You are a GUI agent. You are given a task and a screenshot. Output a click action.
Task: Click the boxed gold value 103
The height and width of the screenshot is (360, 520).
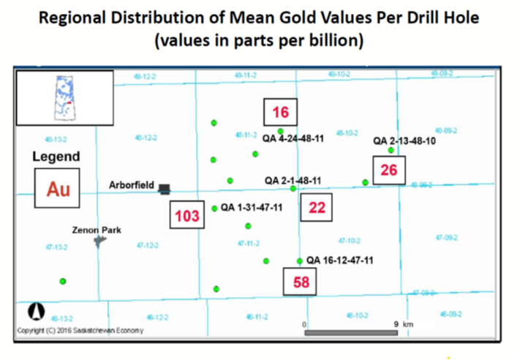tap(187, 216)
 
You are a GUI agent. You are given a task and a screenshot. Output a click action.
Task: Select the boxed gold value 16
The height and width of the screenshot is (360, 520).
tap(281, 113)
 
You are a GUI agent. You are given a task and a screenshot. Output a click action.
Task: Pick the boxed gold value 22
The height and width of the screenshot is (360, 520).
tap(317, 208)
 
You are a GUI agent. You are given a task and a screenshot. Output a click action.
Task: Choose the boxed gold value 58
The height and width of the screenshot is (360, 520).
tap(301, 282)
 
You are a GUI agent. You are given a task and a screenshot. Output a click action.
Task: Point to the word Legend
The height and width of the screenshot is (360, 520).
tap(56, 157)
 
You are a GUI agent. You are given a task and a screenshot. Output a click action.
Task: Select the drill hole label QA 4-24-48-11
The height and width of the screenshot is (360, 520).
tap(294, 138)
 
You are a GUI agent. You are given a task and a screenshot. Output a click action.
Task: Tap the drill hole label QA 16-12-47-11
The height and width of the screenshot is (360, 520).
tap(340, 260)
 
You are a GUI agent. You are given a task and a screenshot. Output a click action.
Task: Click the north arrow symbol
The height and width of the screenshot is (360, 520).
tap(33, 311)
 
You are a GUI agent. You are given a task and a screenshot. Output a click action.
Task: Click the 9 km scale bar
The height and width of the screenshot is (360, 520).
tap(350, 333)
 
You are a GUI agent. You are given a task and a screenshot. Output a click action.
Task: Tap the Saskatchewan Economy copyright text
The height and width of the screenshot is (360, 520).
tap(80, 331)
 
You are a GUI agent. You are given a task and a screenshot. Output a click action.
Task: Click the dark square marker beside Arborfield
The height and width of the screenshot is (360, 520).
tap(165, 189)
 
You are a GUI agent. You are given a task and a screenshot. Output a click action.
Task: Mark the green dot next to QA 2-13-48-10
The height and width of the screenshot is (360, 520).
tap(391, 150)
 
